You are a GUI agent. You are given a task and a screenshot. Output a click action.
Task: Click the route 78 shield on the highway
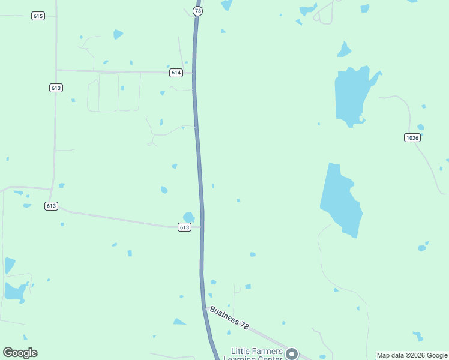(198, 11)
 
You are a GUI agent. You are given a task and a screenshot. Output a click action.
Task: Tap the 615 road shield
(38, 16)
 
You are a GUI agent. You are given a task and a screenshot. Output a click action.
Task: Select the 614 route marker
(175, 73)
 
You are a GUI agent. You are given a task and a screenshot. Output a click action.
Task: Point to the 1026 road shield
(412, 137)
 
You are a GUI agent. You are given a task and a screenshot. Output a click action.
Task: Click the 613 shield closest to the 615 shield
(56, 88)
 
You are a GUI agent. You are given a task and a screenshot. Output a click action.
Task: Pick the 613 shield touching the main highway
(184, 227)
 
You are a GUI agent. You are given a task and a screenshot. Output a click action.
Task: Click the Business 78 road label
(229, 317)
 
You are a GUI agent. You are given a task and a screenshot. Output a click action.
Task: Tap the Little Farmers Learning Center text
(252, 355)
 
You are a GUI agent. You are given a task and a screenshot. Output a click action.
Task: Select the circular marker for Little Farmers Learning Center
(292, 354)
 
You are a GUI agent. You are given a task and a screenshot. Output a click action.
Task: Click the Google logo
(20, 353)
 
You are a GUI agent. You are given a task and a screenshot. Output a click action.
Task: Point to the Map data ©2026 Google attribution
(412, 355)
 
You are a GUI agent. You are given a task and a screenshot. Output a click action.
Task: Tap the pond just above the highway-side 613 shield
(188, 217)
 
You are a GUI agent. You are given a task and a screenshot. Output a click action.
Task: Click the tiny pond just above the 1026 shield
(420, 127)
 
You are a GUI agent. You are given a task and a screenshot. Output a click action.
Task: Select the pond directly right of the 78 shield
(226, 5)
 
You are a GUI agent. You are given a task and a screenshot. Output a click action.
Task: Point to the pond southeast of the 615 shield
(118, 34)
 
